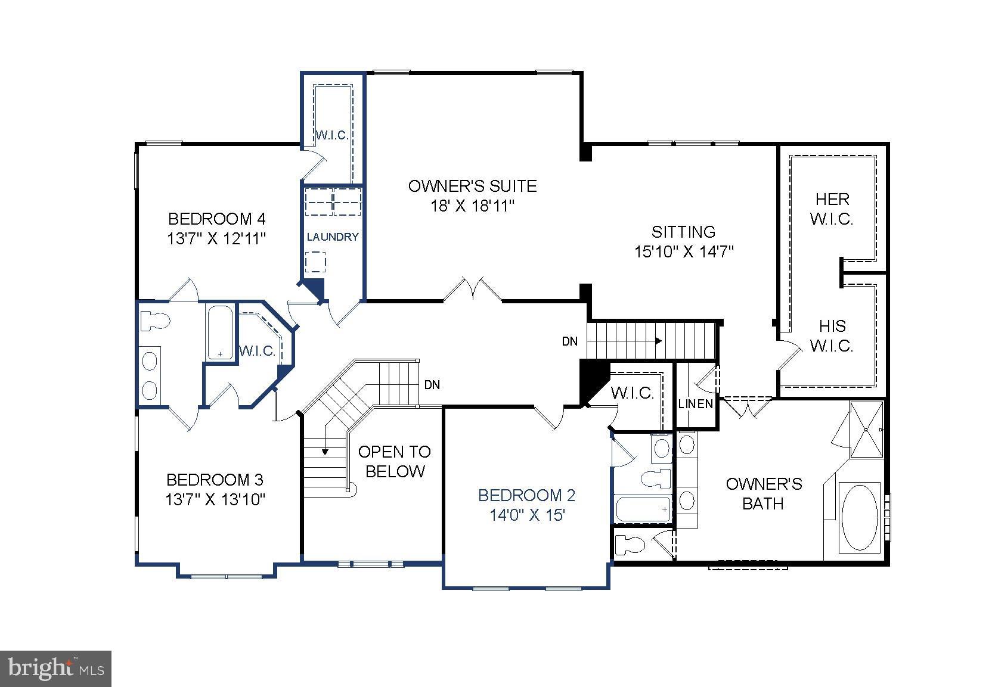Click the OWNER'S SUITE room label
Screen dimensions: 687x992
[472, 186]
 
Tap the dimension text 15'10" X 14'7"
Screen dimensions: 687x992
[683, 252]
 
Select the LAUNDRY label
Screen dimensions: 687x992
[333, 237]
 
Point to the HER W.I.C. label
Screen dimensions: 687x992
[832, 209]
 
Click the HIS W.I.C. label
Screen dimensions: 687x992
[832, 335]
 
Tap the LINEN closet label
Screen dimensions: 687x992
[696, 404]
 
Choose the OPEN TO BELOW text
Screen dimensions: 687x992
[394, 461]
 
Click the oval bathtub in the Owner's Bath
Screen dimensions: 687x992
[858, 517]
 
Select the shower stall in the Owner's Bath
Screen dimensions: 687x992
[866, 430]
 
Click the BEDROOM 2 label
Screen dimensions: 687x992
[526, 495]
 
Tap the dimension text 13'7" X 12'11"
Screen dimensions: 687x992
[216, 239]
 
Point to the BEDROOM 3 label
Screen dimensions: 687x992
[215, 480]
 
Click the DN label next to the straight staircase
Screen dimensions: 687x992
[569, 341]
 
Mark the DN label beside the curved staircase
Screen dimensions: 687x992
[432, 385]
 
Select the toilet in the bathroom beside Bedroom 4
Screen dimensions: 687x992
[155, 321]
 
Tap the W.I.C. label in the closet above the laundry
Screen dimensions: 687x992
[331, 135]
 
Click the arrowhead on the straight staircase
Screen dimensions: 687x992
[658, 341]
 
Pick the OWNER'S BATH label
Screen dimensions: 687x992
[763, 493]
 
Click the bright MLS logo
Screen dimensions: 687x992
[56, 669]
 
